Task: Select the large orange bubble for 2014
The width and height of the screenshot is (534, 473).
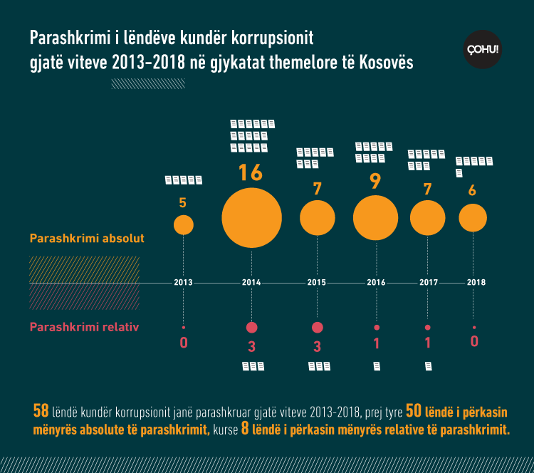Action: [x=251, y=217]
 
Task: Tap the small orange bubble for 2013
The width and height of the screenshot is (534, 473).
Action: [x=184, y=225]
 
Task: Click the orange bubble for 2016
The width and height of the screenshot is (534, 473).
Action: [x=375, y=217]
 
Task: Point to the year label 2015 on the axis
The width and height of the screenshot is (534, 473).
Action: [x=317, y=283]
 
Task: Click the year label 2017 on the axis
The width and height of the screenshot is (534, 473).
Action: [x=428, y=283]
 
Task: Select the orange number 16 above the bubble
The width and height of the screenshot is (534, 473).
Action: [x=251, y=173]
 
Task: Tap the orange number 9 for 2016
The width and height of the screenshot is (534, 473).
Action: [x=375, y=181]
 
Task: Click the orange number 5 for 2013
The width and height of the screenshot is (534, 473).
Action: [x=183, y=203]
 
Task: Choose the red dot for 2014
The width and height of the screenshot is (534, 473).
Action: [x=251, y=328]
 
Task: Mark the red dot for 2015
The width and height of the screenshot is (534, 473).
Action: [x=318, y=328]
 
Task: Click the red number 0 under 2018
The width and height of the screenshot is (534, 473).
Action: [x=474, y=342]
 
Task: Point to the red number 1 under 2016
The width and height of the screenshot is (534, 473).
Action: [x=376, y=343]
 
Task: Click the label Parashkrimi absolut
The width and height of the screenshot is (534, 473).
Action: [x=87, y=239]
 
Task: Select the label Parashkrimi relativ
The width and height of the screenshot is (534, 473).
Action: [x=83, y=328]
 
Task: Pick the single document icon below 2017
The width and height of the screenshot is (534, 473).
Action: [x=428, y=366]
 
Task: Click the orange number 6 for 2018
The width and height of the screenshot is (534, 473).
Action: [x=472, y=190]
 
